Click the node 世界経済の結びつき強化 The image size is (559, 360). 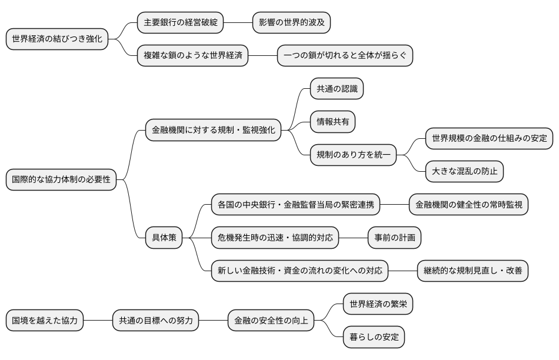(57, 39)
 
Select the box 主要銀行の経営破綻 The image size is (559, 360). (181, 23)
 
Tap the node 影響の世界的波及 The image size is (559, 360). (291, 23)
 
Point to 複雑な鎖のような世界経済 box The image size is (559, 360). (192, 56)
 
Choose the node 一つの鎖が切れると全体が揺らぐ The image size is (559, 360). (345, 56)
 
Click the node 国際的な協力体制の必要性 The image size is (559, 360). (61, 180)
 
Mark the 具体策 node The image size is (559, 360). (164, 238)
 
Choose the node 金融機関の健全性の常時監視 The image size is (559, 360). (468, 205)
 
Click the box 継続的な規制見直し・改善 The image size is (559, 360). (473, 271)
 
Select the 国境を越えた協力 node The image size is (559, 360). (45, 321)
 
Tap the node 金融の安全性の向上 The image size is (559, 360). (271, 321)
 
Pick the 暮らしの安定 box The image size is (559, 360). (374, 338)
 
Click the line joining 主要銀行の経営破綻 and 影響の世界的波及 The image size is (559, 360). (238, 23)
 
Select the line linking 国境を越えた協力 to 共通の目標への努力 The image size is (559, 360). (98, 321)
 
